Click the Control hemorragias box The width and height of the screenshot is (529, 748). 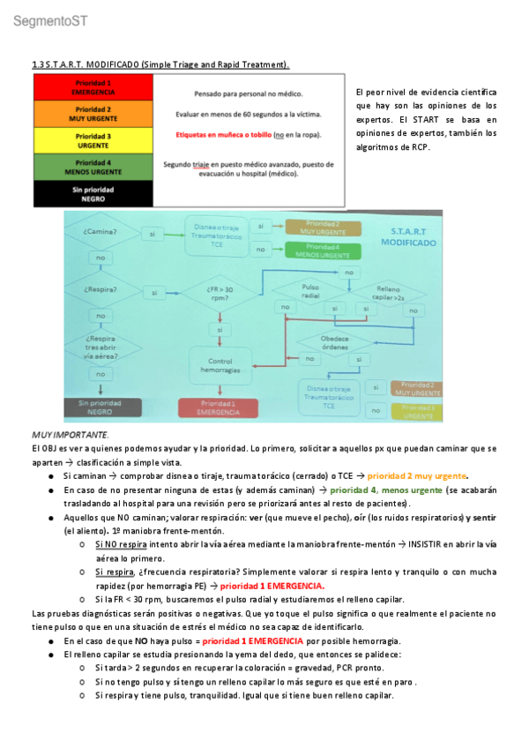coord(220,365)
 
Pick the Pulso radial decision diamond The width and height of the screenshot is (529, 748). coord(309,290)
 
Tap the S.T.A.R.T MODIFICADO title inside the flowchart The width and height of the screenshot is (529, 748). coord(406,235)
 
